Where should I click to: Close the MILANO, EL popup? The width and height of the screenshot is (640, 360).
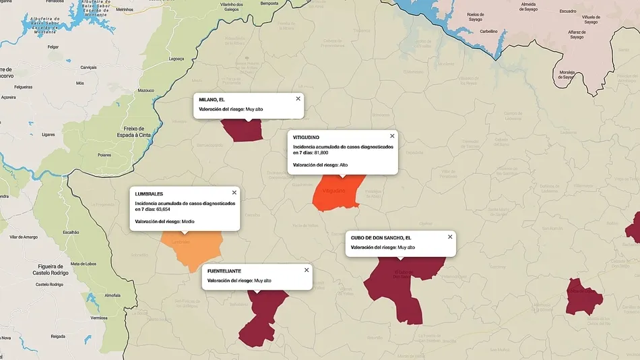[x=298, y=99]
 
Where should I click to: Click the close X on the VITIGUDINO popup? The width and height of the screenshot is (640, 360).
[x=392, y=136]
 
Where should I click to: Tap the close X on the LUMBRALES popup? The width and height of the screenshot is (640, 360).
[x=234, y=193]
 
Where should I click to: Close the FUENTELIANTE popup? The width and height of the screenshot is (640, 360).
[x=307, y=270]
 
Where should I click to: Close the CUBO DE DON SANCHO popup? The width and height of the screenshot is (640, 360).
[x=450, y=237]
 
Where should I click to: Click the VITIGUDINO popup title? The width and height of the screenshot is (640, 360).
[x=306, y=138]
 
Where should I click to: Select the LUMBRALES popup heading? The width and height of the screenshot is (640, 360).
[x=149, y=194]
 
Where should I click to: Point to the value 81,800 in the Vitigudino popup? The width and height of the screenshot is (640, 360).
[x=321, y=153]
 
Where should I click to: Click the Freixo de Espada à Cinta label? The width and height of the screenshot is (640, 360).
[x=140, y=131]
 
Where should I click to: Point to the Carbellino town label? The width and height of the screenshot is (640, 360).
[x=488, y=31]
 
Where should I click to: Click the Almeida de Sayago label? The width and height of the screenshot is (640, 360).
[x=528, y=7]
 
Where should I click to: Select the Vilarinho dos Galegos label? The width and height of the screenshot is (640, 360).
[x=232, y=7]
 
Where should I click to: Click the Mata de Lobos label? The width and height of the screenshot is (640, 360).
[x=84, y=264]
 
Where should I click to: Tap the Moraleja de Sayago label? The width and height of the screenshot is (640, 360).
[x=566, y=74]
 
